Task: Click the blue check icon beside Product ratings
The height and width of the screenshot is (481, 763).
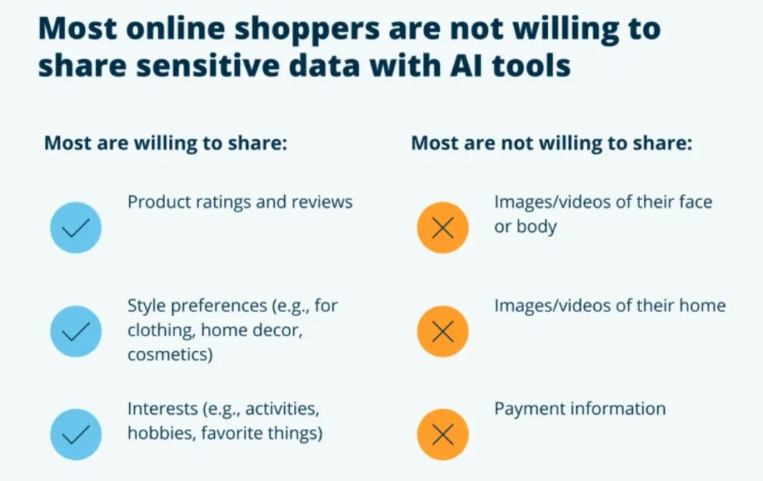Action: click(76, 227)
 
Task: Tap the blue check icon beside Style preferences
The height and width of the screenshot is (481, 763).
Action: click(76, 332)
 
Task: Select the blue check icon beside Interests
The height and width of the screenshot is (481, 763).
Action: click(76, 434)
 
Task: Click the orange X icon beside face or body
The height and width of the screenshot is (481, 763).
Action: click(443, 227)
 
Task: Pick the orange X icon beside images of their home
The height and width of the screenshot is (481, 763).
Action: click(443, 332)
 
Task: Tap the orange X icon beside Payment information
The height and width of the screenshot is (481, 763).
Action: click(443, 434)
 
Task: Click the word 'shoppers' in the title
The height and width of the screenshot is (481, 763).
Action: click(307, 29)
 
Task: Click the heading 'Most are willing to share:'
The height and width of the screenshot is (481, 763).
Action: click(166, 143)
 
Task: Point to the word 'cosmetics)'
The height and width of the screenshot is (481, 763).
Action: click(170, 355)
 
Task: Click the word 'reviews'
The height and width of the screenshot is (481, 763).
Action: click(322, 202)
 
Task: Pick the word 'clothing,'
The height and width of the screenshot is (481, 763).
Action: click(161, 330)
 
